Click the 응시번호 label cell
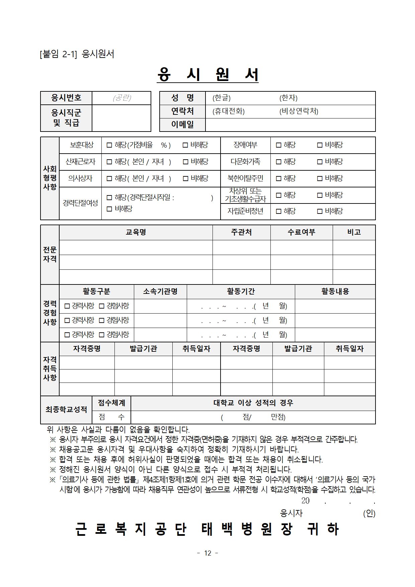(66, 98)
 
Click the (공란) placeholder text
(122, 98)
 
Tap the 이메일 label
(182, 124)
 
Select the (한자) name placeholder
(288, 98)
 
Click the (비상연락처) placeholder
(299, 111)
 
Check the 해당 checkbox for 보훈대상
(109, 145)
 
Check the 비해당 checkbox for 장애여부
(320, 145)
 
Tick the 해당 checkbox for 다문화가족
(278, 162)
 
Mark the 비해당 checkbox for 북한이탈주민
(320, 179)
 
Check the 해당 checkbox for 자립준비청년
(278, 212)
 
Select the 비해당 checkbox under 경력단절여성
(109, 209)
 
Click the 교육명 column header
(136, 232)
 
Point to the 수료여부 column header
(302, 232)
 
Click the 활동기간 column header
(241, 291)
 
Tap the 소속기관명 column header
(160, 291)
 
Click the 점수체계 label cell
(111, 403)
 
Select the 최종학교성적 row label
(66, 410)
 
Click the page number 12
(208, 553)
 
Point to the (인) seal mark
(369, 513)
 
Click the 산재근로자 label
(80, 162)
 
